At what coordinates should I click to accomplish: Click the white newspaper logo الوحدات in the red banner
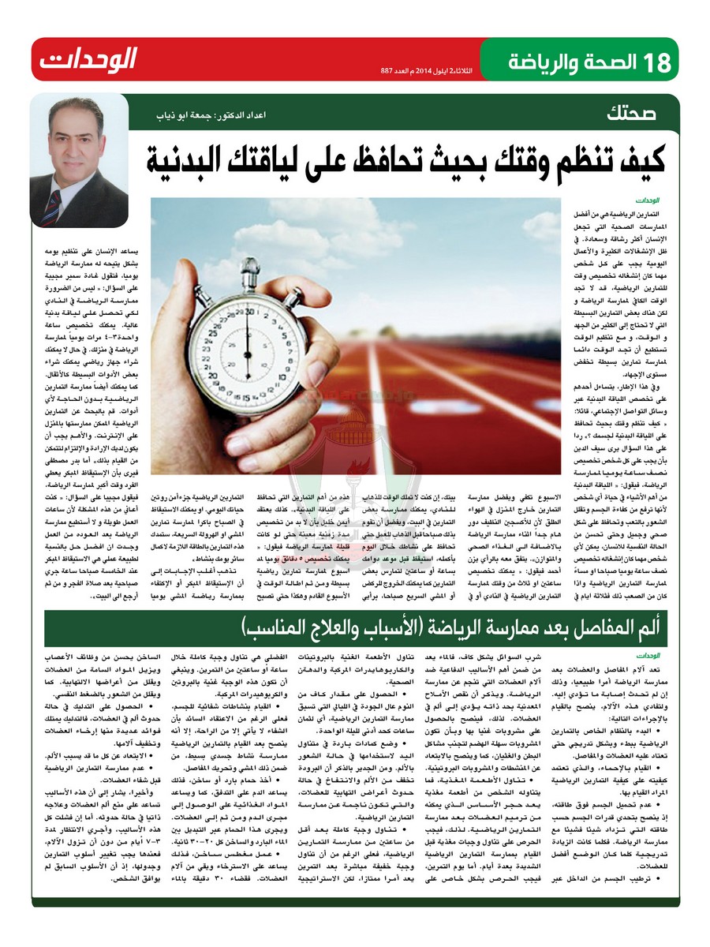(x=88, y=60)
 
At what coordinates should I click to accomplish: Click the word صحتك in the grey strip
(x=630, y=111)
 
